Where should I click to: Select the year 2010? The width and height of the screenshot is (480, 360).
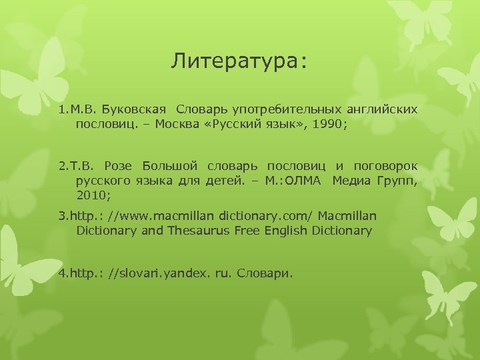pos(93,196)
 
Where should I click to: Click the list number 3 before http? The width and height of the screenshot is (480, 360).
pos(62,216)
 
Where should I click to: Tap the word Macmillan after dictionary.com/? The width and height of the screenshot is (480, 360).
pos(347,216)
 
